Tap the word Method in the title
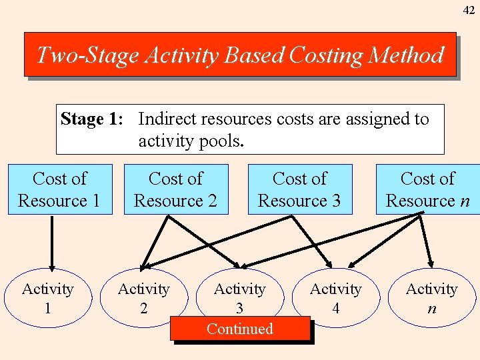408,55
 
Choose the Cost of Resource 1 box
59,189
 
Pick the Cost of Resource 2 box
175,189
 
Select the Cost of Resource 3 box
299,189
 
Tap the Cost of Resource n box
427,189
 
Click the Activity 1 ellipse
47,298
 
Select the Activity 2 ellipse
143,298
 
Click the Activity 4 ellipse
335,298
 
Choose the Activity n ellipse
431,298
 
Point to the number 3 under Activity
239,308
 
